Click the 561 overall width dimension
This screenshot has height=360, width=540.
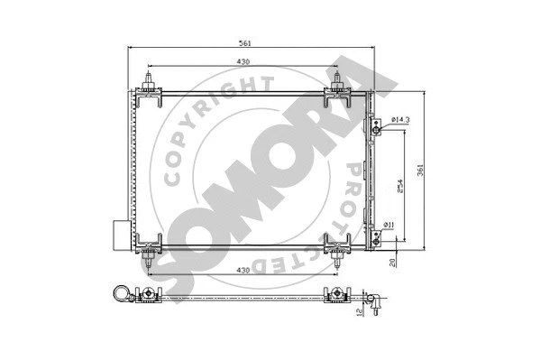(244, 42)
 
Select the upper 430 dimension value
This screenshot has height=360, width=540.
(243, 61)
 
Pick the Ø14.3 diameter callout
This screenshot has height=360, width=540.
(402, 119)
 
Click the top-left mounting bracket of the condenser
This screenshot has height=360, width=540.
(147, 89)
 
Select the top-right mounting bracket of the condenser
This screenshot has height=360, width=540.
(337, 89)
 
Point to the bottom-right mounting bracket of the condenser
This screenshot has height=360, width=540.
(337, 247)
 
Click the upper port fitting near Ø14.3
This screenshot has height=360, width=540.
(376, 130)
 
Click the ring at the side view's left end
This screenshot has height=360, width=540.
(118, 293)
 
